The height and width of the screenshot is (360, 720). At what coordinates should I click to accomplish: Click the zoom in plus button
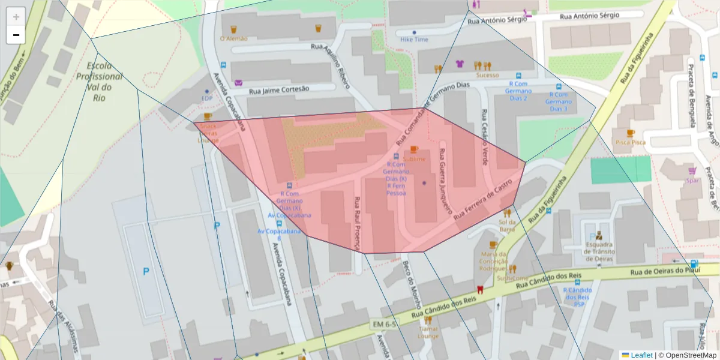point(16,17)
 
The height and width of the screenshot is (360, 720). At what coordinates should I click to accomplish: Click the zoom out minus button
point(16,35)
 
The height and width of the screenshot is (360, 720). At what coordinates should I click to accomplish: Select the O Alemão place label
point(233,38)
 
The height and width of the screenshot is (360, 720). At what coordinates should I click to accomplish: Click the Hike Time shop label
point(414,39)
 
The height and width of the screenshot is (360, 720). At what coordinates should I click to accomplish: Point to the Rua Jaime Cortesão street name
point(279,89)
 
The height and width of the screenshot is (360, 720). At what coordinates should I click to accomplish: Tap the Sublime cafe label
point(414,159)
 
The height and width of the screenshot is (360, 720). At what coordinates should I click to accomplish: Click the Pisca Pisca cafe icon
point(630,133)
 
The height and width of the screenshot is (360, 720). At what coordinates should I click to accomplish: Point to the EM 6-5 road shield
point(385,324)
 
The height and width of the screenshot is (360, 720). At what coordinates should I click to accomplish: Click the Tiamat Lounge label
point(428,332)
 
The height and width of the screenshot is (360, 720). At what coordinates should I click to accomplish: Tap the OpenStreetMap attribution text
point(688,355)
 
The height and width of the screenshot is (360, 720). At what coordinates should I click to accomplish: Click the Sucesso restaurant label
point(487,75)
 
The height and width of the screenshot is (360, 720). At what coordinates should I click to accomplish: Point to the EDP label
point(207,98)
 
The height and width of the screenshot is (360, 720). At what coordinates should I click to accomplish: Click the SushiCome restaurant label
point(512,278)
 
